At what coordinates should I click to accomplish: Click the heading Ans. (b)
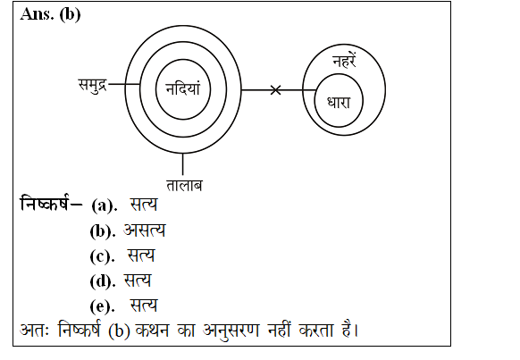click(50, 14)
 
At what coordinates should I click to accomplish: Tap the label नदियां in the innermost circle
click(183, 88)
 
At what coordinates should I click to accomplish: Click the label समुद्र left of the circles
click(93, 85)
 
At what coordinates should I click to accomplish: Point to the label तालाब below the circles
click(184, 186)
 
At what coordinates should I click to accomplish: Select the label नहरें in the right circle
click(344, 61)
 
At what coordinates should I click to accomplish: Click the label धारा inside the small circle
click(339, 103)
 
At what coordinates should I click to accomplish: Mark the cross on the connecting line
click(275, 90)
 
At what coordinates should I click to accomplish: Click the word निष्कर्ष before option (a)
click(46, 203)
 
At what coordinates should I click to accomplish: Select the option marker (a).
click(105, 205)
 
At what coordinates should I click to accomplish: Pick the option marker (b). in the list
click(103, 231)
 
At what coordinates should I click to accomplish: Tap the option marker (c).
click(103, 256)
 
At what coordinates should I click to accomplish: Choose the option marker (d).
click(103, 281)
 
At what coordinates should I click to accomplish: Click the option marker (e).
click(103, 306)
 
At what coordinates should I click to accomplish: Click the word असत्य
click(144, 230)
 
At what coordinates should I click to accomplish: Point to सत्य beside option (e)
click(144, 305)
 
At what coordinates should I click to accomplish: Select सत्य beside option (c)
click(141, 255)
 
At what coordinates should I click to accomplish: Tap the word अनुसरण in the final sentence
click(231, 331)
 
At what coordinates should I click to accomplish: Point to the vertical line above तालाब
click(183, 164)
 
